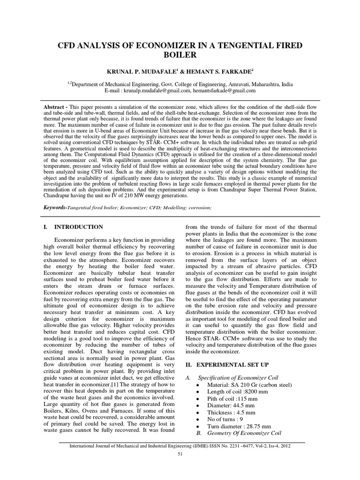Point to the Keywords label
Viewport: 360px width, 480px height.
[54, 207]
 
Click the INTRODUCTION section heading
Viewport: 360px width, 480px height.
[79, 227]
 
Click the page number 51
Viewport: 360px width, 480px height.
[180, 455]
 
